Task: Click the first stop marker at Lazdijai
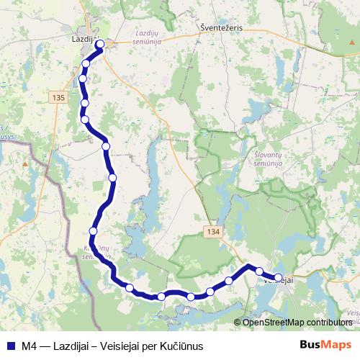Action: (100, 45)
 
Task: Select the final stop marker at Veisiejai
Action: (279, 277)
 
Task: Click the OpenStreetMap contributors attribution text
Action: (297, 323)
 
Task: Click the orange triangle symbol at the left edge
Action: (24, 163)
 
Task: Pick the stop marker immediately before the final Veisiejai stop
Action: (260, 271)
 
